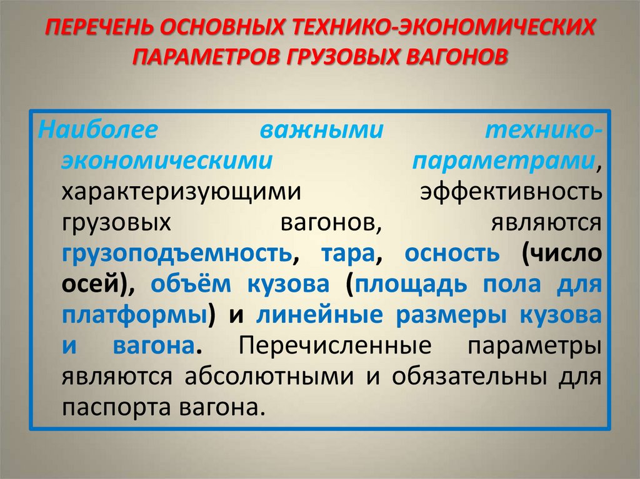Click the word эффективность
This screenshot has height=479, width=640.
(x=511, y=191)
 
